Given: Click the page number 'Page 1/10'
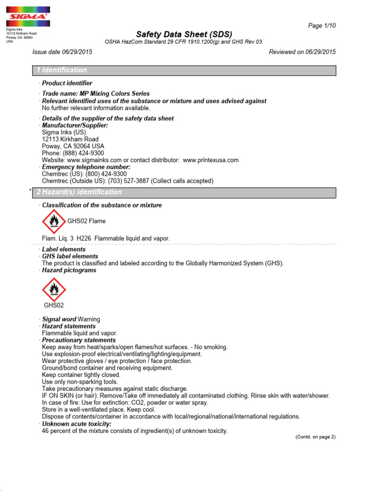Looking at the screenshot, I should coord(322,25).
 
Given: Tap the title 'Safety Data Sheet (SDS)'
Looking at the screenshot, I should coord(184,34).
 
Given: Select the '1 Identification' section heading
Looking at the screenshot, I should coord(62,70).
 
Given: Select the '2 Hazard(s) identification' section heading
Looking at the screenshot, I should coord(79,192).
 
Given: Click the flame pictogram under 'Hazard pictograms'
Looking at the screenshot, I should coord(54,289).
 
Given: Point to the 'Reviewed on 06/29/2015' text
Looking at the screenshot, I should coord(302,52).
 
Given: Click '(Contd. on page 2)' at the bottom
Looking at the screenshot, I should coord(315,437).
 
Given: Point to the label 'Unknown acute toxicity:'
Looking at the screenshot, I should coord(77,424).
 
